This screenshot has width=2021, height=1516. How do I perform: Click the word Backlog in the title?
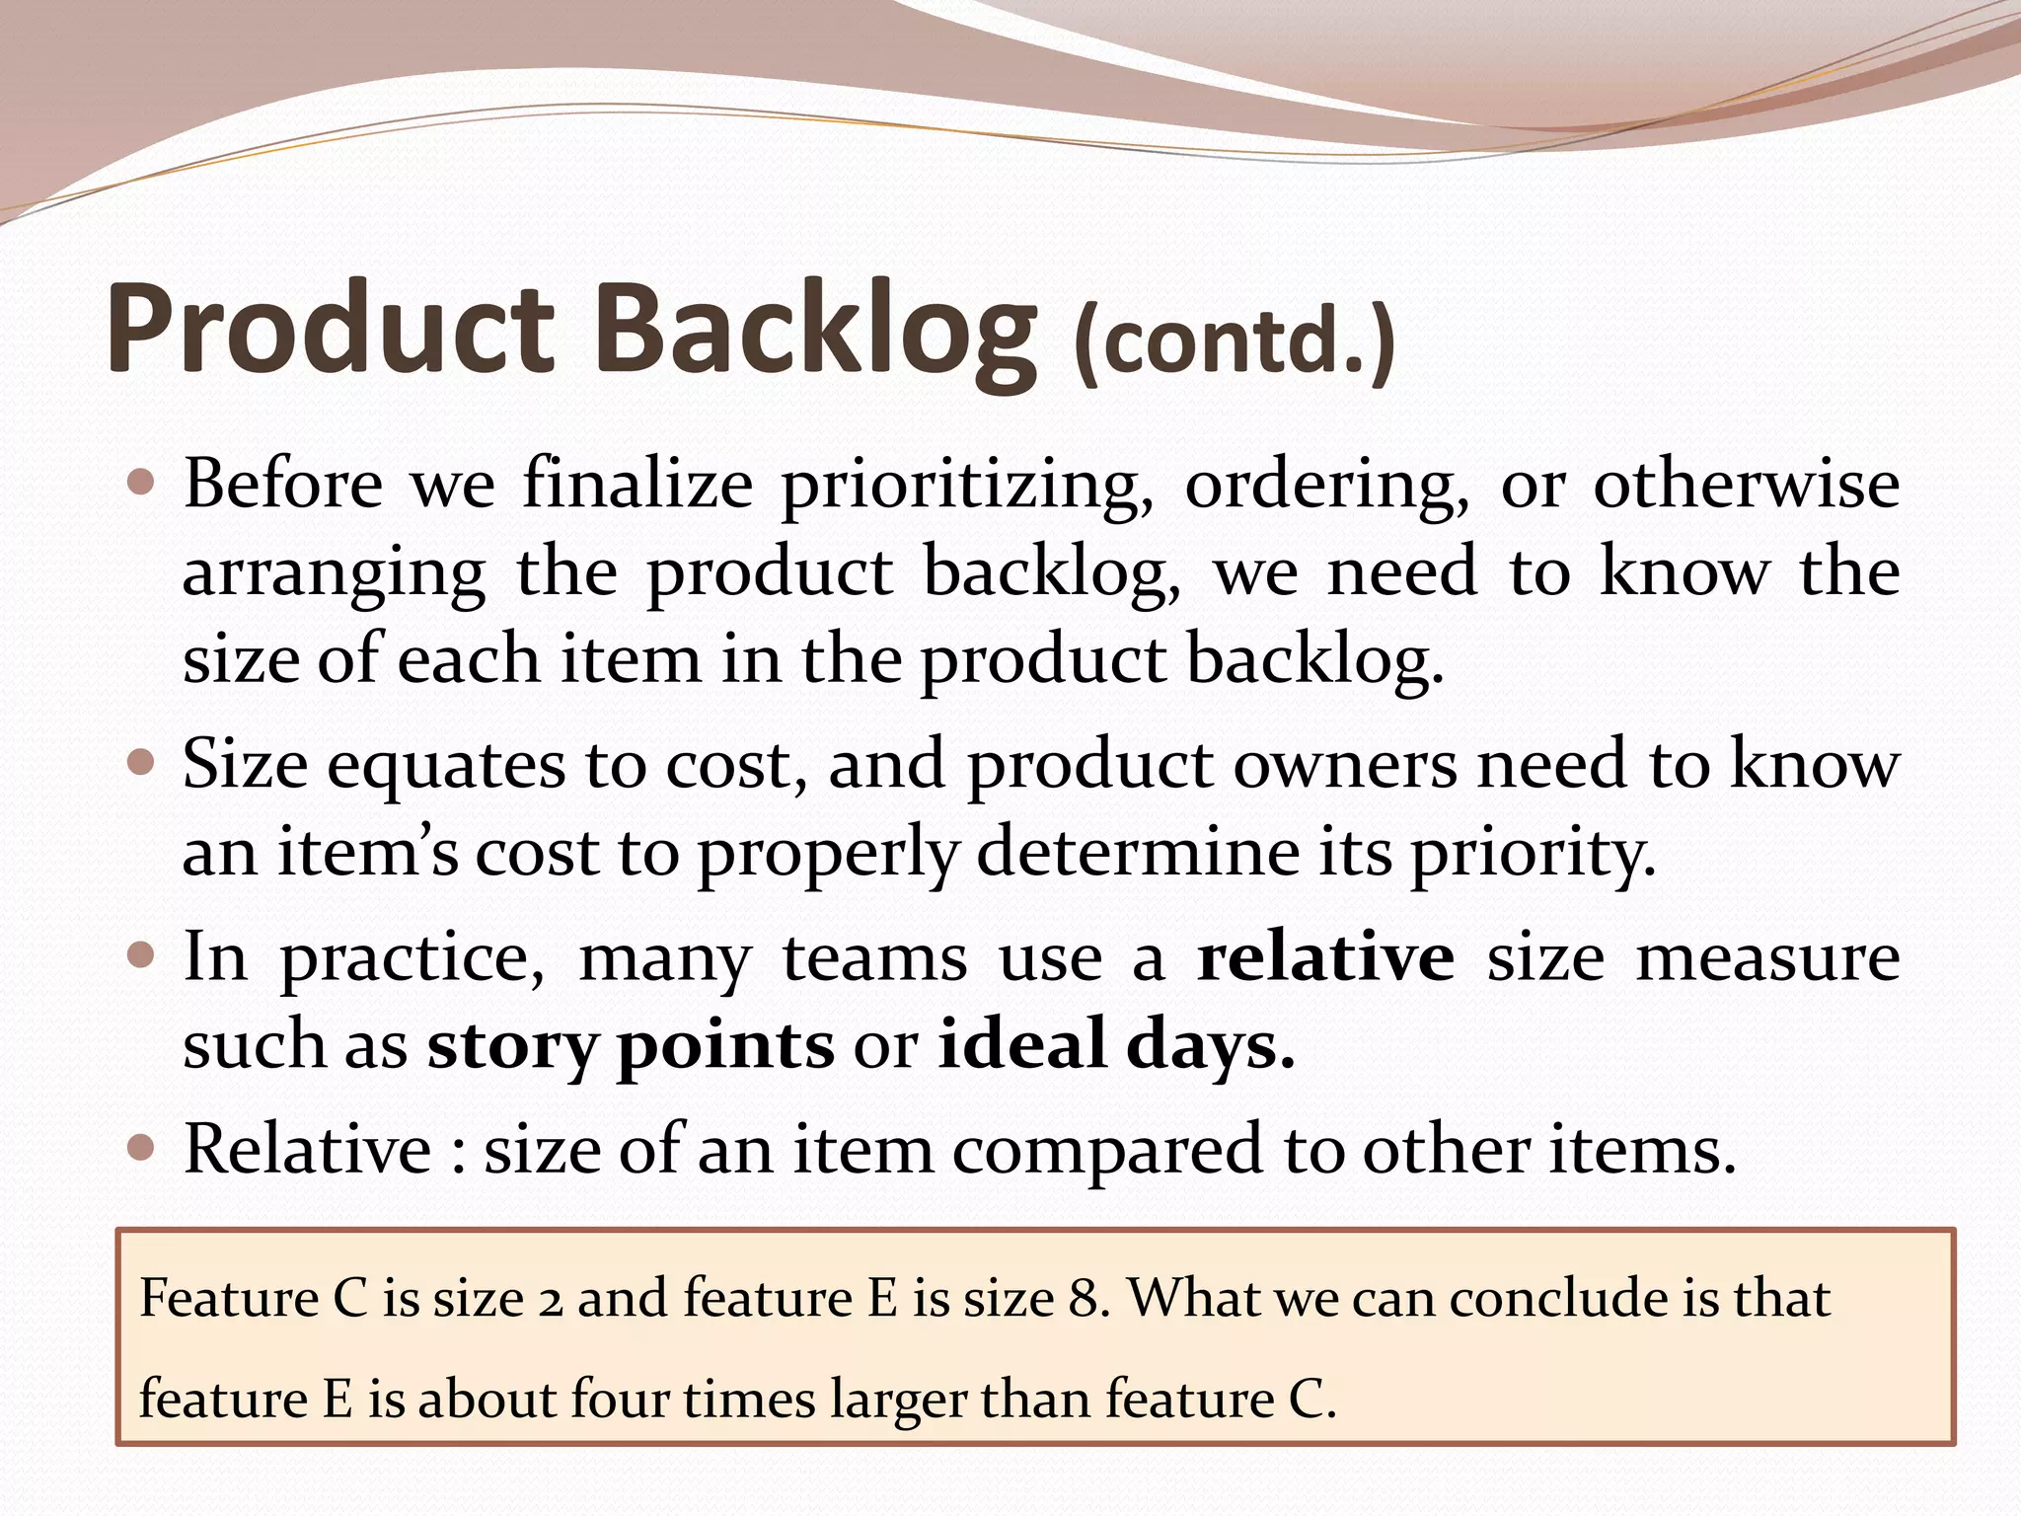point(816,329)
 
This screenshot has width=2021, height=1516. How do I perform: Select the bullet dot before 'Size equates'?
point(142,763)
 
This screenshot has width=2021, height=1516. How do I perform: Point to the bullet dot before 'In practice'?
point(142,954)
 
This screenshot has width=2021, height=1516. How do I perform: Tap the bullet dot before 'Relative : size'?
point(142,1147)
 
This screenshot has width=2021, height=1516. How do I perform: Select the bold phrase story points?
point(630,1044)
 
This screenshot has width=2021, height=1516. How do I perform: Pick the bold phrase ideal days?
point(1115,1044)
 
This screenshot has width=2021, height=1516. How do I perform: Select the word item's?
point(367,852)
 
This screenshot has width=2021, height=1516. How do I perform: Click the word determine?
point(1137,852)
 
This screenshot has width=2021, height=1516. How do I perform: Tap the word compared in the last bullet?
point(1107,1151)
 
